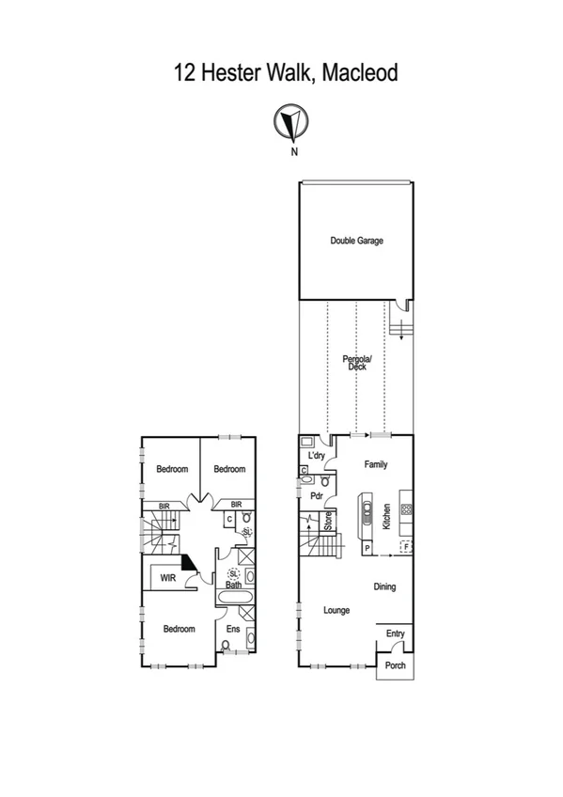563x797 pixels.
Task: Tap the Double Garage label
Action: pyautogui.click(x=356, y=241)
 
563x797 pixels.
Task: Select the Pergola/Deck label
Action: pyautogui.click(x=356, y=363)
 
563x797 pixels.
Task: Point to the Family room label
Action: pyautogui.click(x=375, y=464)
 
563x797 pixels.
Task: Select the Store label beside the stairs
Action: pyautogui.click(x=328, y=521)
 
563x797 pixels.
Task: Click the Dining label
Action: pyautogui.click(x=383, y=587)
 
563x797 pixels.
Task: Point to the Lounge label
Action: pyautogui.click(x=336, y=610)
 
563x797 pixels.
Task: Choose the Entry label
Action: pyautogui.click(x=395, y=634)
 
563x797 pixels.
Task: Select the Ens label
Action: pyautogui.click(x=233, y=629)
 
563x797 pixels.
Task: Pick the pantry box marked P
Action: pyautogui.click(x=368, y=547)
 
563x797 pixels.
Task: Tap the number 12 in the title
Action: pyautogui.click(x=184, y=72)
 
